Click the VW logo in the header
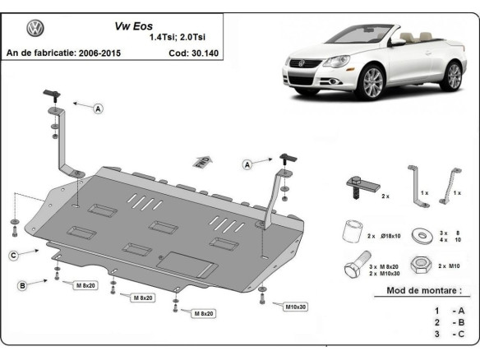35,29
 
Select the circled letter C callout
14,256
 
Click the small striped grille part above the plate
201,161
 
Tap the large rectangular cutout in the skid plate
187,263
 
